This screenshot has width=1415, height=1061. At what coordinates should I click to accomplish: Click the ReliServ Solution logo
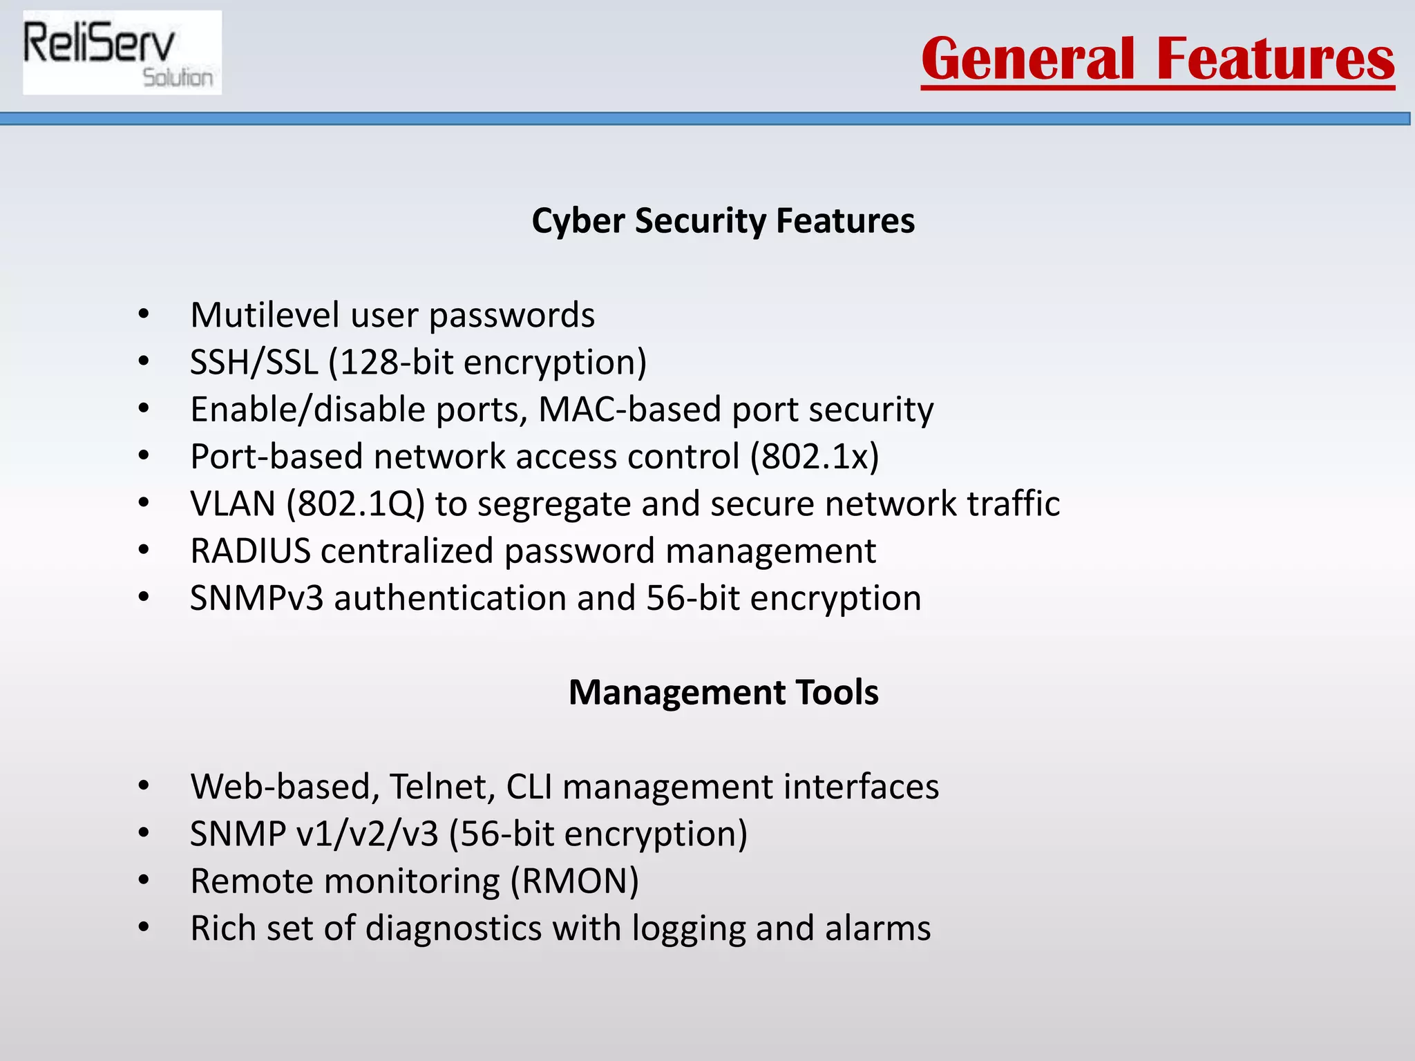122,53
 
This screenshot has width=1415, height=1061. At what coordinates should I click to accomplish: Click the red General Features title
1157,59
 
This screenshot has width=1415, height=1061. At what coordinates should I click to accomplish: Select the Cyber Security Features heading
723,221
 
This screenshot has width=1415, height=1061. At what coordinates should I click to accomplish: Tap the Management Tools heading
723,692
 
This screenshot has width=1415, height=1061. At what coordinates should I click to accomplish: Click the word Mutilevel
265,315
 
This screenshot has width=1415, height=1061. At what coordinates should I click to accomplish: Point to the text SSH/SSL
254,362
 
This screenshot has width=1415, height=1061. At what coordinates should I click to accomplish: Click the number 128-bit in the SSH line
396,362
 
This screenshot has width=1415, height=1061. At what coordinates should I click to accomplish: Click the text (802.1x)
815,457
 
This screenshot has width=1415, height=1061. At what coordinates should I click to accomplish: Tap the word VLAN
233,504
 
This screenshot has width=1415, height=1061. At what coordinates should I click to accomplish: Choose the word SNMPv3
256,598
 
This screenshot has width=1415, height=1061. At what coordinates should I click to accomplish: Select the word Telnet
442,787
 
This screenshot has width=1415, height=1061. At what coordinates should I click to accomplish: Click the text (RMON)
575,881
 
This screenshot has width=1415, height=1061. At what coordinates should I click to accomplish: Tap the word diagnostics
453,928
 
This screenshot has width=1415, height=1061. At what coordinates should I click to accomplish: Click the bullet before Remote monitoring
143,881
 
